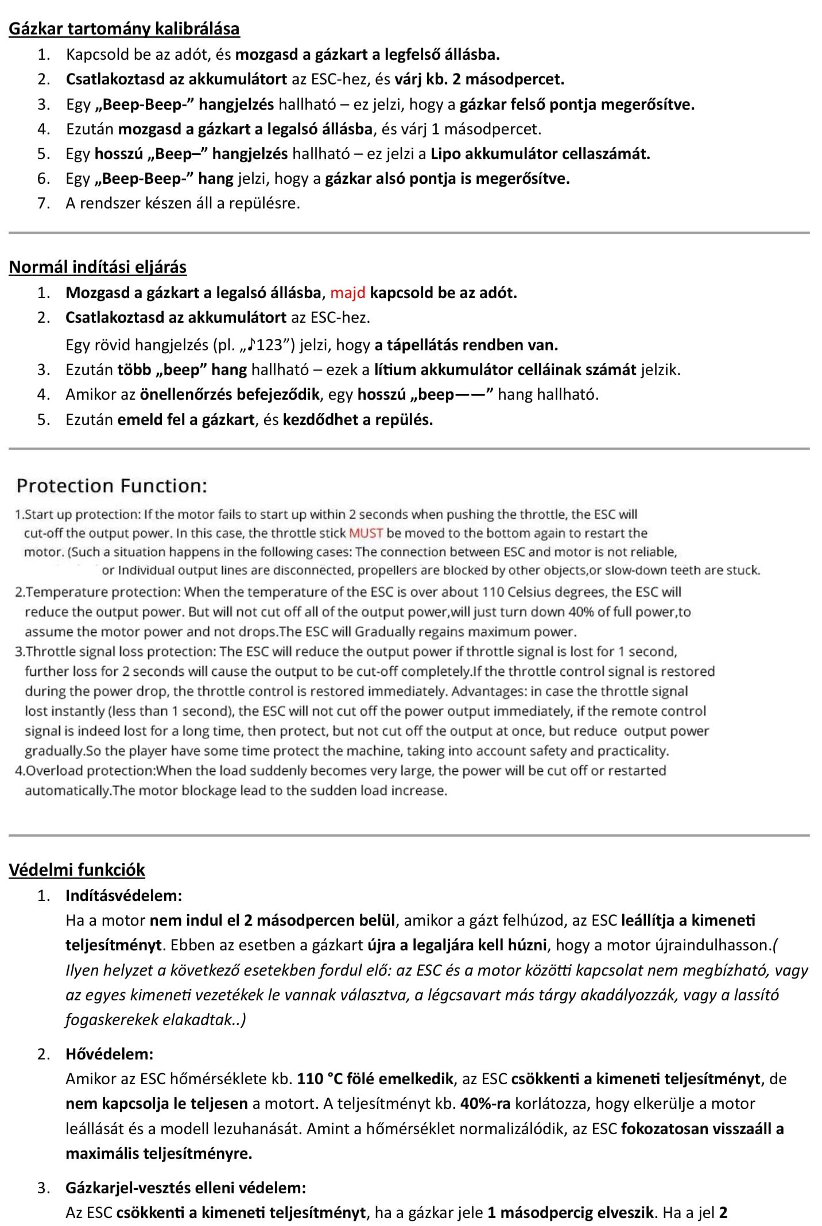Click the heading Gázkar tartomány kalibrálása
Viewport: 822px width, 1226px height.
pos(124,29)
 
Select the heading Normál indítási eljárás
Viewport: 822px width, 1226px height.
pos(98,267)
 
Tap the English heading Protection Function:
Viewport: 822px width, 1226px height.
pos(111,486)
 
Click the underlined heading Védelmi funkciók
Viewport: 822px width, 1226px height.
pos(77,869)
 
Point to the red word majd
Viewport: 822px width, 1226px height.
pos(348,293)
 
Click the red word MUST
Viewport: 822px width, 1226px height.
pos(366,533)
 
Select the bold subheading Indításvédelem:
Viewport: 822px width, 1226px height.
pos(123,895)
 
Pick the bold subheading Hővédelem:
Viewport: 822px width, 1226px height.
pos(109,1054)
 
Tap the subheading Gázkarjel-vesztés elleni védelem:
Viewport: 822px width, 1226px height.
pos(185,1188)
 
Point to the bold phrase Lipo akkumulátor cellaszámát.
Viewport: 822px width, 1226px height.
pos(540,154)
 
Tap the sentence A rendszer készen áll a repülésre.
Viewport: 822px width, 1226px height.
pos(183,203)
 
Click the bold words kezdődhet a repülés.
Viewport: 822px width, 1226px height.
pos(358,419)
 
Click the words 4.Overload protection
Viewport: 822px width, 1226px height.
pos(84,771)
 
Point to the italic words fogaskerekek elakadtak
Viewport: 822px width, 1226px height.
pos(153,1020)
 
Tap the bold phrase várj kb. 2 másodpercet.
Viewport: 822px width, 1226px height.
pos(479,79)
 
